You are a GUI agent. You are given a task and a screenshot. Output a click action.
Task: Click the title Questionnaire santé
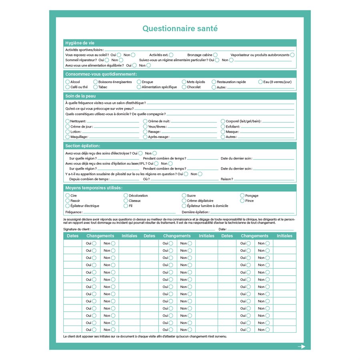click(180, 29)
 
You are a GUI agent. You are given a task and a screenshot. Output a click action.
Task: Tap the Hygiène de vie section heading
click(80, 43)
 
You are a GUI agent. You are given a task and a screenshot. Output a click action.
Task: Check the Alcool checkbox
click(68, 82)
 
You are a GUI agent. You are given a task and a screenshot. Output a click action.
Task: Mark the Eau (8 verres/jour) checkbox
click(260, 82)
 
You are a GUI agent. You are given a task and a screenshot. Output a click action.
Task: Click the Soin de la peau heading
click(80, 96)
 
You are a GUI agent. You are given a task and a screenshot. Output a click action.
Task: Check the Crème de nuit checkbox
click(146, 121)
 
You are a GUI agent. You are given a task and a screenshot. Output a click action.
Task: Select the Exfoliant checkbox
click(223, 126)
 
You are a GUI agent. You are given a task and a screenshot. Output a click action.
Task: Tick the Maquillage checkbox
click(68, 137)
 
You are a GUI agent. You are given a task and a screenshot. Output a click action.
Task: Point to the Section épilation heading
click(83, 146)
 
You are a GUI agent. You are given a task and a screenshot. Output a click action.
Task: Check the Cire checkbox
click(68, 196)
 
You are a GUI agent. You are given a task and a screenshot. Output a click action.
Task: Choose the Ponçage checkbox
click(242, 196)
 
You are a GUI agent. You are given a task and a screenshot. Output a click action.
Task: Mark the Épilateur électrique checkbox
click(68, 206)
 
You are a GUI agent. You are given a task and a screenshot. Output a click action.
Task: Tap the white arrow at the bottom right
click(301, 347)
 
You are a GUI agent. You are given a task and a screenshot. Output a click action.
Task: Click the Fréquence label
click(74, 212)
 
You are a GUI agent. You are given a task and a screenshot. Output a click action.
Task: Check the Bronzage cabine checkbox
click(215, 55)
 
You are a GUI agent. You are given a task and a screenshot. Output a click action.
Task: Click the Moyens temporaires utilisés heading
click(94, 188)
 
